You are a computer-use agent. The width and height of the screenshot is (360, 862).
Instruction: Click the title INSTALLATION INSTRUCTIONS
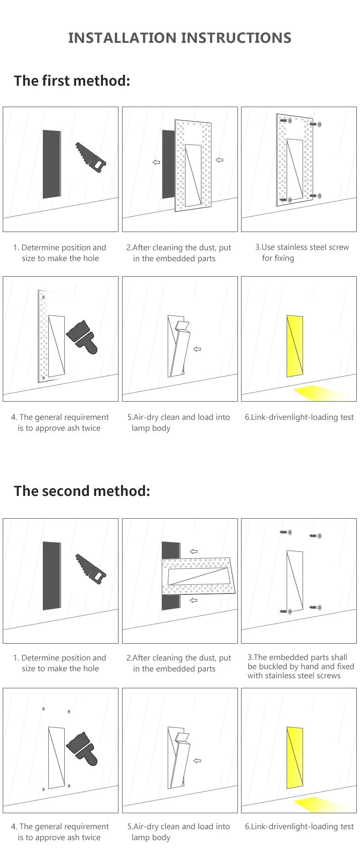click(180, 38)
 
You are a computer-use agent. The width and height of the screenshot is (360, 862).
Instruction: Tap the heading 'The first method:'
click(72, 81)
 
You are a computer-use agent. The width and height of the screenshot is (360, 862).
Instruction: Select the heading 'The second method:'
click(82, 491)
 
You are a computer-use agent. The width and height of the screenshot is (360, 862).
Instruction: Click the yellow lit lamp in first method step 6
click(295, 346)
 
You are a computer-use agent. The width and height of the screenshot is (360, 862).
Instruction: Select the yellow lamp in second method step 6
click(295, 758)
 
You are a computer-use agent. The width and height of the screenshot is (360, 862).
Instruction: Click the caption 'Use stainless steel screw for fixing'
click(302, 253)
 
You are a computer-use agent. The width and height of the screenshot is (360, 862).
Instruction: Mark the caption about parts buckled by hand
click(301, 666)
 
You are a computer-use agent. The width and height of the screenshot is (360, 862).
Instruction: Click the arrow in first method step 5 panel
click(197, 349)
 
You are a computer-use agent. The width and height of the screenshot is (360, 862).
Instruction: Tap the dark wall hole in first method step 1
click(51, 164)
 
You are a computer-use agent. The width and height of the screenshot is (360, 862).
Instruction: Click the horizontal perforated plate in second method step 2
click(199, 576)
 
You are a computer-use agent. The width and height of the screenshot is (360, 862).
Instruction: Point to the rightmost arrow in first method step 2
click(220, 160)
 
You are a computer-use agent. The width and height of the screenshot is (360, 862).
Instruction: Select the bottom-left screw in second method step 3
click(286, 610)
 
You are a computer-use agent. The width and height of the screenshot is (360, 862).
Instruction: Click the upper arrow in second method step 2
click(194, 551)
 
